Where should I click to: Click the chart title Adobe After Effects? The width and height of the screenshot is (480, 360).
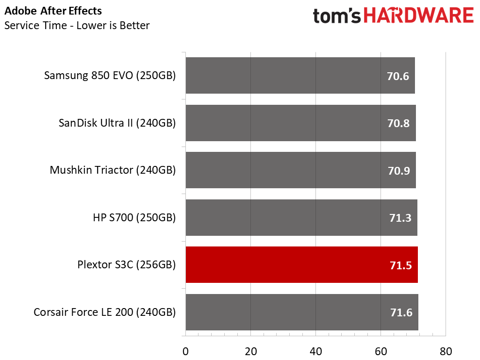point(53,11)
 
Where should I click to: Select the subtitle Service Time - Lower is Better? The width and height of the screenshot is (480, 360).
point(77,25)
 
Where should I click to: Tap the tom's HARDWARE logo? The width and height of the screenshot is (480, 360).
point(393,16)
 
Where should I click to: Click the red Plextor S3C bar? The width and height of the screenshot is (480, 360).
point(301,264)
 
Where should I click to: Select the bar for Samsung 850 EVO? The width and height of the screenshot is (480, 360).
point(300,75)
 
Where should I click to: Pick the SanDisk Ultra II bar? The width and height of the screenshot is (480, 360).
point(300,123)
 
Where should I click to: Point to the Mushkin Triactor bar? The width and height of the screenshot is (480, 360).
point(300,170)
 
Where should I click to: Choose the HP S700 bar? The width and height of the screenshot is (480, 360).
point(301,218)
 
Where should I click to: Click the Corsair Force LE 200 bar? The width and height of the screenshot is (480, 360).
point(302,312)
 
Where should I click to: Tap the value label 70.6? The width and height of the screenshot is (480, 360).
point(397,76)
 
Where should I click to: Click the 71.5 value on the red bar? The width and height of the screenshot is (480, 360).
point(401,265)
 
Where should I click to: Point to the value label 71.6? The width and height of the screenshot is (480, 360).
point(401,312)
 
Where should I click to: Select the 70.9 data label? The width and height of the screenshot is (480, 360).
point(399,171)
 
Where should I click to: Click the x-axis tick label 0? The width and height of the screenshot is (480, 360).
point(185,351)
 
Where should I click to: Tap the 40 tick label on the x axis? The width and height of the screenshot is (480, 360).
point(315,351)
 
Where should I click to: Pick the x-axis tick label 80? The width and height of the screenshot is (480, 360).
point(446,351)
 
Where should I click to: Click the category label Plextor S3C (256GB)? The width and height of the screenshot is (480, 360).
point(127,265)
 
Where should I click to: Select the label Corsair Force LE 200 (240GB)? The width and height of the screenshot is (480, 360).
point(105,312)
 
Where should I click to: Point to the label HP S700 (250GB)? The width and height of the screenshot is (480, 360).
point(134,218)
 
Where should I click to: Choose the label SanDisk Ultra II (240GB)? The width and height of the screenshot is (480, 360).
point(117,123)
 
